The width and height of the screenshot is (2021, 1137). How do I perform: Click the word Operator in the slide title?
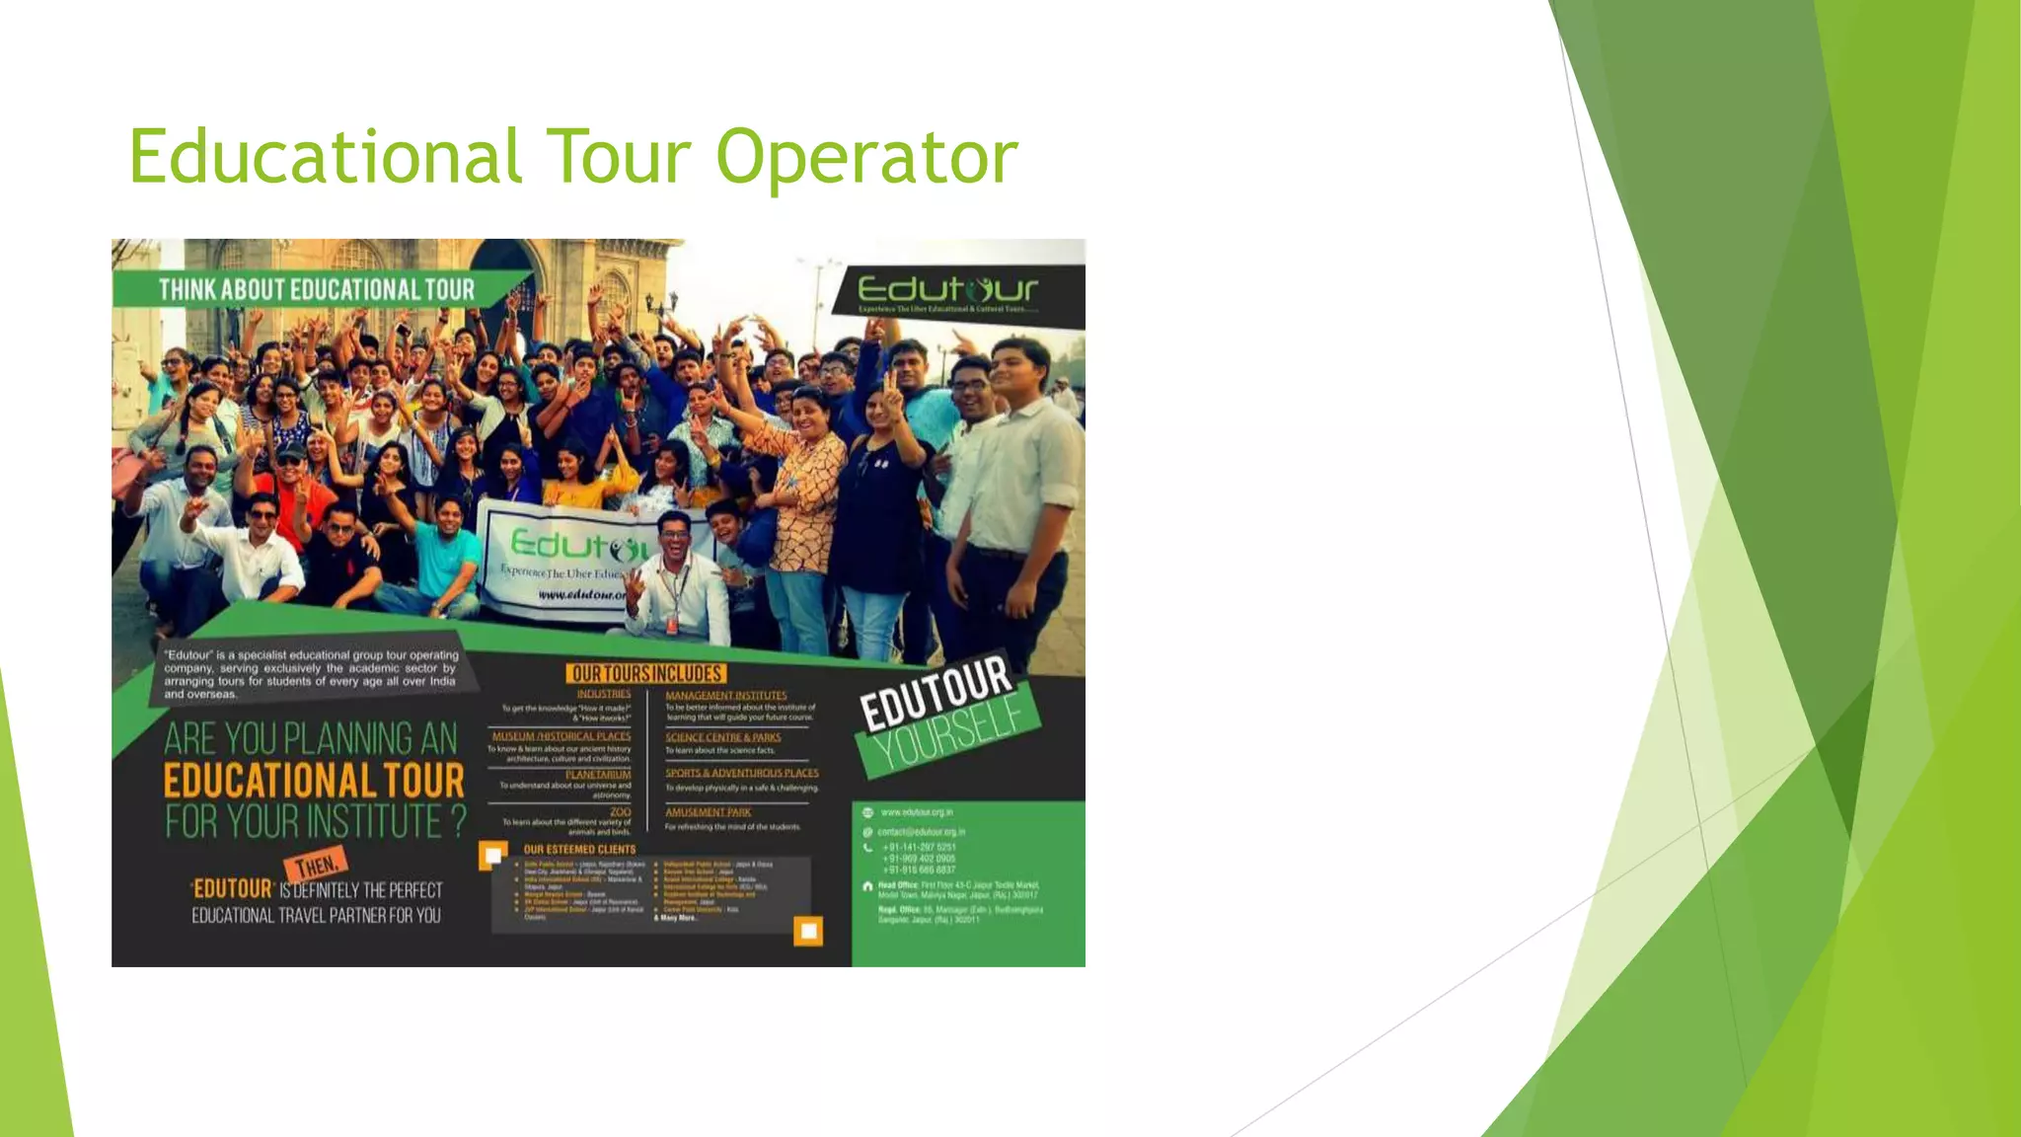(866, 158)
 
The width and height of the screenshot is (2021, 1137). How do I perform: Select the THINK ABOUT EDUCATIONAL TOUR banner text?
(317, 290)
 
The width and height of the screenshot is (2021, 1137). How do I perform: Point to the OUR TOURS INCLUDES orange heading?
(646, 674)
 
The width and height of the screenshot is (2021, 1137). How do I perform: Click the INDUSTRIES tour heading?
(603, 694)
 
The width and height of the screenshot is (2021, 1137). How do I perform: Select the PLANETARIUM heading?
(598, 775)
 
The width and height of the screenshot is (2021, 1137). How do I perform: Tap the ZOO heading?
(620, 811)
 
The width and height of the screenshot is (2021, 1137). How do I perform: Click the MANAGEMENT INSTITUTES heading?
(726, 696)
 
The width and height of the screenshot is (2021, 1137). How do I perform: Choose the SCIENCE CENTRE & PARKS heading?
(722, 737)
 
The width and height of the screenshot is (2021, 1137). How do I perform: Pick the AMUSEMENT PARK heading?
(708, 812)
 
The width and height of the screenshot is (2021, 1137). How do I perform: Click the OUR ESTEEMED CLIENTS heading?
(579, 849)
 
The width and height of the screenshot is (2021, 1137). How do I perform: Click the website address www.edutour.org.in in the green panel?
(917, 812)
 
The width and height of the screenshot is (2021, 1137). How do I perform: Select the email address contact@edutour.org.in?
(921, 832)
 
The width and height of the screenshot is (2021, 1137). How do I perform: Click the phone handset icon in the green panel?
(868, 848)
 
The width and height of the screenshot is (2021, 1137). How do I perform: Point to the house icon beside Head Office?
(868, 886)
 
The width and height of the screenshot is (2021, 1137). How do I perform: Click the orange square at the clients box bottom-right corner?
(808, 931)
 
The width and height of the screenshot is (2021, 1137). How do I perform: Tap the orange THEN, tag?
(316, 867)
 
